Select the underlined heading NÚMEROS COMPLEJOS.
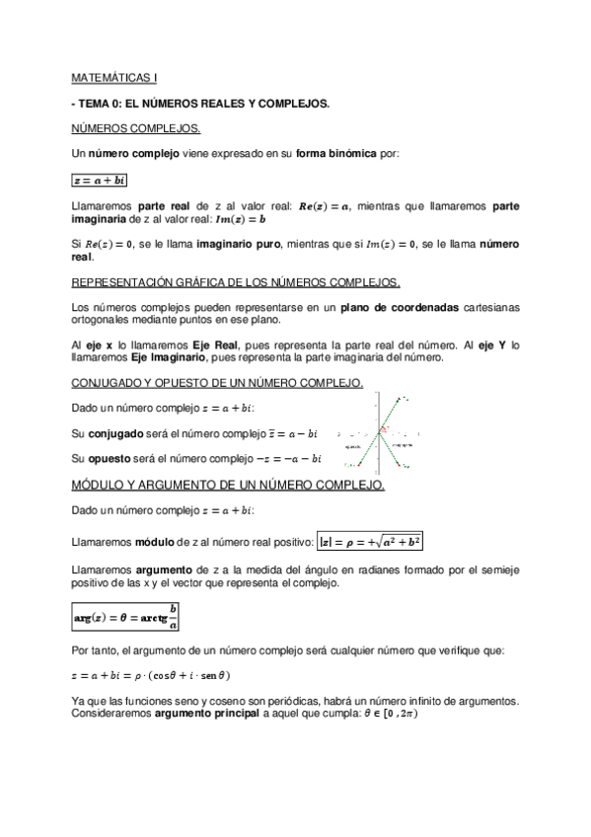pos(136,128)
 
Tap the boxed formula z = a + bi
pos(100,180)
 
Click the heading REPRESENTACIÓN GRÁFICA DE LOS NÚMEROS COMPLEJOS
pos(236,281)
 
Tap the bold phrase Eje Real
pos(214,345)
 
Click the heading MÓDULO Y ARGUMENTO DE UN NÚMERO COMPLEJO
pos(229,486)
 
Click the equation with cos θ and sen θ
pos(151,675)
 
